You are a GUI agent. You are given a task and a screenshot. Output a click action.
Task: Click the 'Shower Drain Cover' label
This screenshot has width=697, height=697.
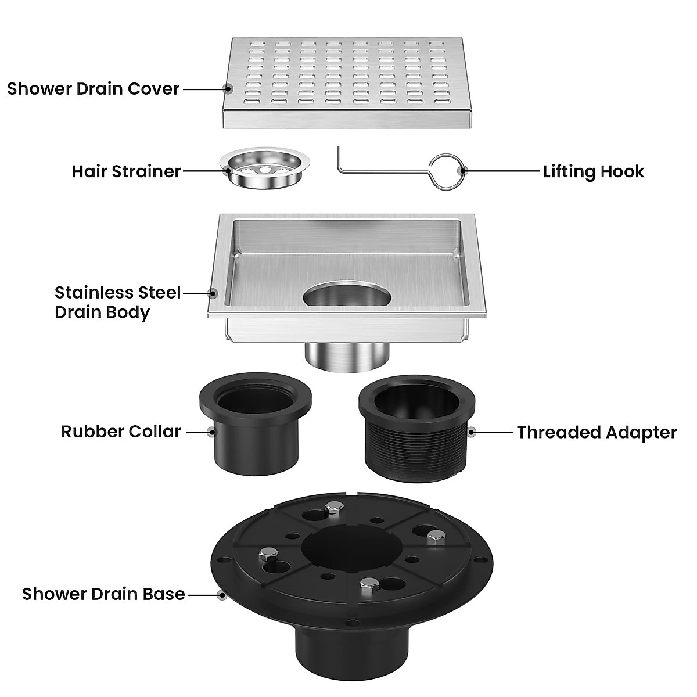[93, 89]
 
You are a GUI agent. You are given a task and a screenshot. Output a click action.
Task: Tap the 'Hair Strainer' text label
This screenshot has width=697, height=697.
[126, 171]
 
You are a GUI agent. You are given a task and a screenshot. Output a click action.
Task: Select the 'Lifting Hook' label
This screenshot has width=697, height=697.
[594, 171]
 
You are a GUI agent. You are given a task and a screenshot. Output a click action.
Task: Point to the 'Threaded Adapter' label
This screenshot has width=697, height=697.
[597, 432]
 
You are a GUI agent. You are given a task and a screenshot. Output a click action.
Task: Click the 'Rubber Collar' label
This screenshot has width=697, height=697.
[121, 432]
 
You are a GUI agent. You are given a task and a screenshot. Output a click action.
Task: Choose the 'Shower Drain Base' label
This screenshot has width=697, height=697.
[103, 594]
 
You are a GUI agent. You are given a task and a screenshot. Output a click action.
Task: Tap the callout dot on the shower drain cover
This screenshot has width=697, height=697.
[228, 89]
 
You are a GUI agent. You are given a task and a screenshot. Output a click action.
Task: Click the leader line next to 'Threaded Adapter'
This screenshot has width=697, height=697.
[494, 432]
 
